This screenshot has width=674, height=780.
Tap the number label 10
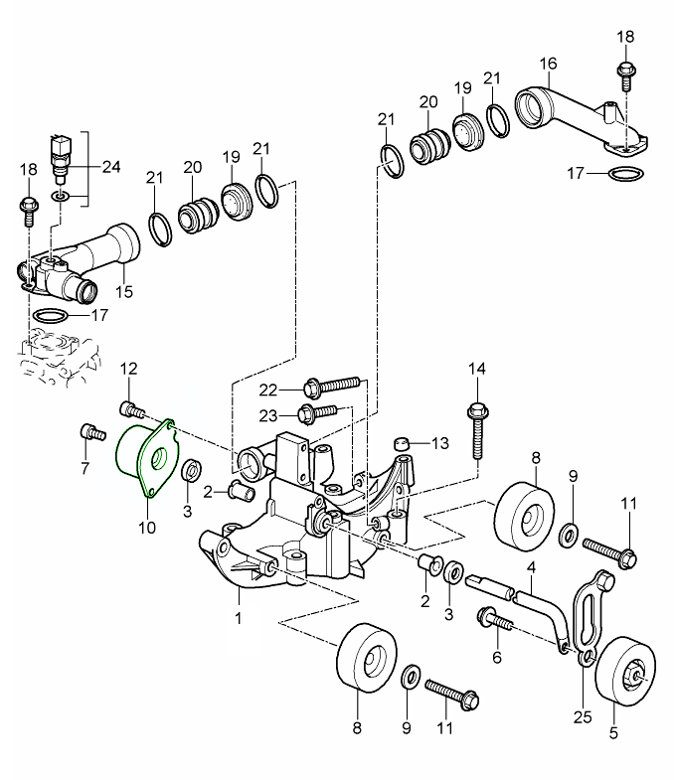point(146,527)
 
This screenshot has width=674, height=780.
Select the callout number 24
point(110,166)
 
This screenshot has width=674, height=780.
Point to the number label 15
point(123,292)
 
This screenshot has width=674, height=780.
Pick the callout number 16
point(548,64)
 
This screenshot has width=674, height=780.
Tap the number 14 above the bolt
point(477,370)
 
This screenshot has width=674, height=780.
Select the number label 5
point(612,734)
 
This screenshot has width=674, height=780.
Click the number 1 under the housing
point(239,618)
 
